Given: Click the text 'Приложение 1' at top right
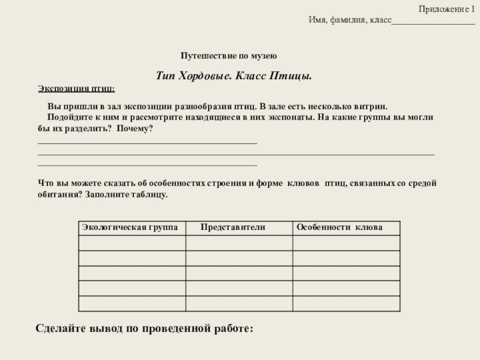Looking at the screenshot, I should point(446,9).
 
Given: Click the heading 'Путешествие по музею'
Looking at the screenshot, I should point(228,56).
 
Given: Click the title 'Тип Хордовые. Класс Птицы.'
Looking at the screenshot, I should point(234,77).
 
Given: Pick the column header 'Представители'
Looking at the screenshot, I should point(233,228).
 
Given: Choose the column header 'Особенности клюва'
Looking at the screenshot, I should point(339,228).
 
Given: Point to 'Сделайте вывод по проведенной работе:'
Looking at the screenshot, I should point(145,329).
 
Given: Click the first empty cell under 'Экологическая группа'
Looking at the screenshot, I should point(132,243).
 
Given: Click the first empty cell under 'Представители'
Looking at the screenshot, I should point(239,243).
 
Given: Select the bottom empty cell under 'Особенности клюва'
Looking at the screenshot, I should point(345,304).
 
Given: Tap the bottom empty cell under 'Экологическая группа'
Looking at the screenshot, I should point(132,304).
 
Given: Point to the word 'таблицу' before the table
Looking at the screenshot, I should point(152,195).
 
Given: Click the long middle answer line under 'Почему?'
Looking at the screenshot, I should point(236,155).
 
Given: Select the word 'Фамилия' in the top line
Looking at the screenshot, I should point(344,20).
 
